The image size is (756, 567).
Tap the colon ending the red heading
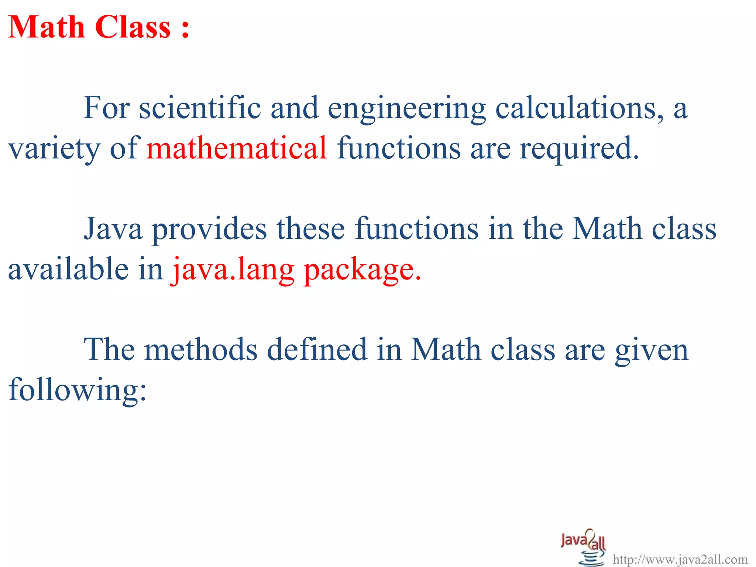tap(185, 28)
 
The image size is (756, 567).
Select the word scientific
tap(200, 108)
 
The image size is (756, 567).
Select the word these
tap(311, 229)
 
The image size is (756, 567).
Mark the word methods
tap(200, 349)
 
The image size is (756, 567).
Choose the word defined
tap(317, 349)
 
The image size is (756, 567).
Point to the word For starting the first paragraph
tap(106, 108)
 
